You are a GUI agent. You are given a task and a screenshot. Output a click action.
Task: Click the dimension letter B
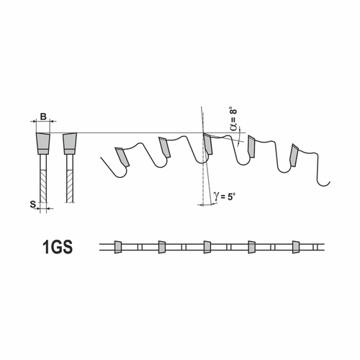pyautogui.click(x=43, y=117)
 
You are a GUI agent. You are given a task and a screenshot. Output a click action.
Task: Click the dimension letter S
pyautogui.click(x=33, y=204)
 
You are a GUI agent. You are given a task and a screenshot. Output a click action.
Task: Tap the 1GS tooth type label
pyautogui.click(x=58, y=247)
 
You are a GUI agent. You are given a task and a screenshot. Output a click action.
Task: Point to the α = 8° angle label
pyautogui.click(x=233, y=120)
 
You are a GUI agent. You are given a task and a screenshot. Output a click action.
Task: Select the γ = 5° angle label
pyautogui.click(x=224, y=197)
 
